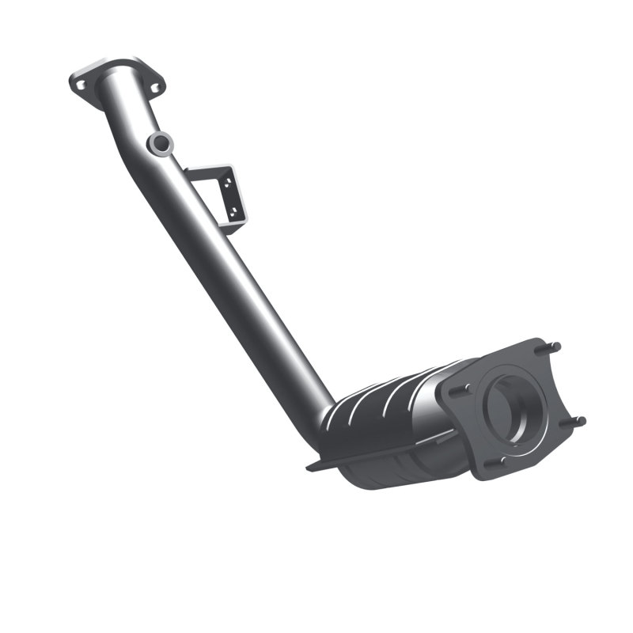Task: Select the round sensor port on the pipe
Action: point(161,143)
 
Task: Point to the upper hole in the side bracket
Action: point(226,183)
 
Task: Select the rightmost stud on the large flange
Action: point(578,420)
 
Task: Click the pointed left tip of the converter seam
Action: point(310,468)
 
